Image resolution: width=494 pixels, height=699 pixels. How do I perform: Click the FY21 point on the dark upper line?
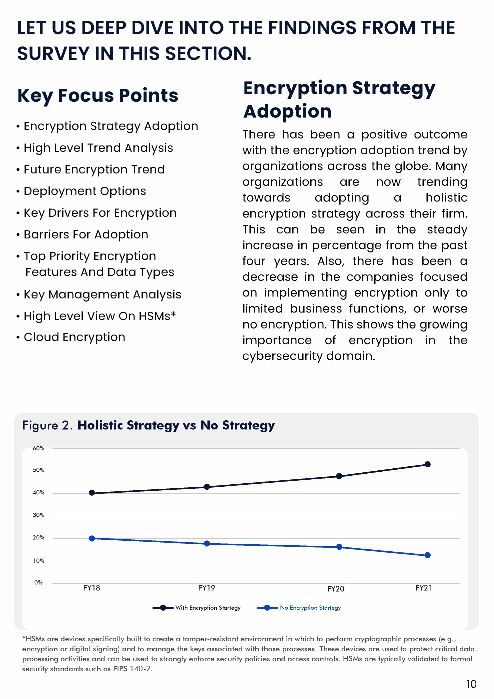[x=427, y=464]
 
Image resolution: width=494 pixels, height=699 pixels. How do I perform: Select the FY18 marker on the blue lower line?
[x=92, y=538]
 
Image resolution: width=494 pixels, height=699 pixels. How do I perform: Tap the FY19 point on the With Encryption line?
[x=207, y=487]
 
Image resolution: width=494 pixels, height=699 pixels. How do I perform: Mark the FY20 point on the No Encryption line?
[x=339, y=547]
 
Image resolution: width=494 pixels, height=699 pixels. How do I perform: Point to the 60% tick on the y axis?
[x=39, y=448]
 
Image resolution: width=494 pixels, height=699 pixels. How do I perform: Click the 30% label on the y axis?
[x=39, y=515]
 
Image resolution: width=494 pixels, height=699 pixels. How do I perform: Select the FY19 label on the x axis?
[x=206, y=588]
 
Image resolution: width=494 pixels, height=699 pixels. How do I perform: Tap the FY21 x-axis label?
[x=424, y=588]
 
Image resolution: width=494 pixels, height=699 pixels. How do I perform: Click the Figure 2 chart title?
[x=149, y=425]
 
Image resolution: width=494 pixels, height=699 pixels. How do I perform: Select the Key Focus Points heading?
[x=98, y=95]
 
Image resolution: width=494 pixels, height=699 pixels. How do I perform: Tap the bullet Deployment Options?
[x=85, y=191]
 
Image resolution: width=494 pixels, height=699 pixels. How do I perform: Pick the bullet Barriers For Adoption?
[x=86, y=235]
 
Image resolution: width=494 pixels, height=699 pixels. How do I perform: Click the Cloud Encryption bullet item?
[x=74, y=337]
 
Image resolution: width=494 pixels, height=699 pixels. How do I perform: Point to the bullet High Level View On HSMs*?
[x=100, y=316]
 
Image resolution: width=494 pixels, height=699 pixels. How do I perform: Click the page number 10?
[x=471, y=684]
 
